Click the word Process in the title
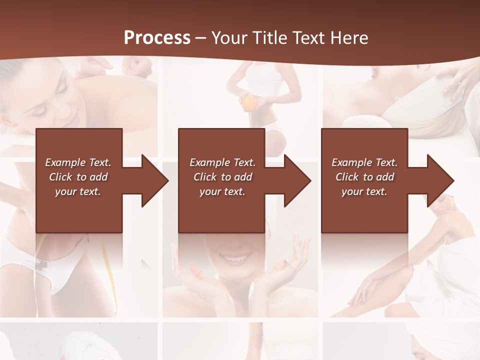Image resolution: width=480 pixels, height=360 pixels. pos(157,37)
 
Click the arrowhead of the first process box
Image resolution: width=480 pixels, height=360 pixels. pos(155,180)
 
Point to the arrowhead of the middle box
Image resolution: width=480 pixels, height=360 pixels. pos(297,180)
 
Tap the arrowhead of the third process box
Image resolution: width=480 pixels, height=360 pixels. pos(440,180)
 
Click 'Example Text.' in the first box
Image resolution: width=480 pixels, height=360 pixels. pos(78,162)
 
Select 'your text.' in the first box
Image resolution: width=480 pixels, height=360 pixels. pos(78,191)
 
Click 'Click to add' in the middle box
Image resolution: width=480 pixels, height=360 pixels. pos(222,177)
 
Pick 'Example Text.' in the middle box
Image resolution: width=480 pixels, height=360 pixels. pos(222,162)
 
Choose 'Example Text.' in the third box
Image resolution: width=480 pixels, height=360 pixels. pos(364,162)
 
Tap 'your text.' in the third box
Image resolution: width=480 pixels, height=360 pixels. pos(364,191)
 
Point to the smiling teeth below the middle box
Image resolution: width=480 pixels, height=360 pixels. pos(236,258)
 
